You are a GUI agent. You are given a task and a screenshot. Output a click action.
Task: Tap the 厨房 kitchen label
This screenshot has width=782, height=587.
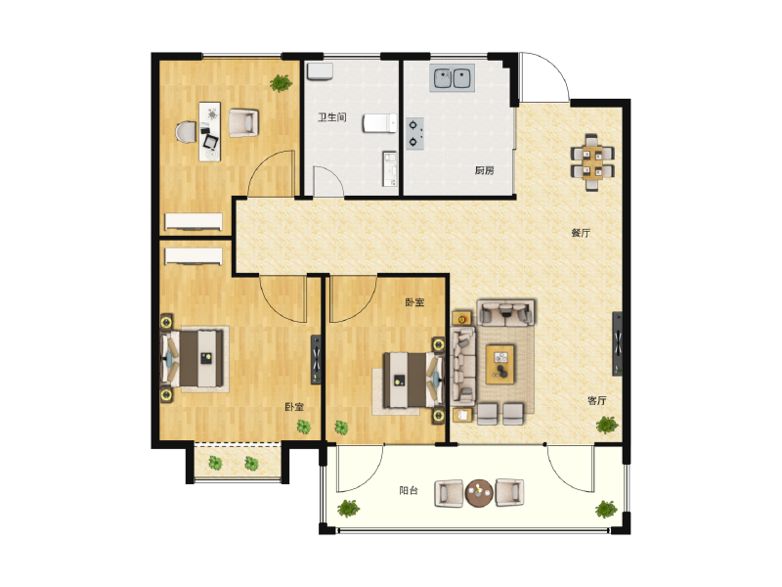click(x=484, y=170)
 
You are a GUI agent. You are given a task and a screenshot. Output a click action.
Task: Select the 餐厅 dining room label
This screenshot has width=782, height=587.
click(x=581, y=233)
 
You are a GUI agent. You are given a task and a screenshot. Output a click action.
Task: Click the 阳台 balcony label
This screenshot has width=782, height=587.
click(x=409, y=491)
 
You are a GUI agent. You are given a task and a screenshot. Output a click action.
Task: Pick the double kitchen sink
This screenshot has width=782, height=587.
click(x=452, y=77)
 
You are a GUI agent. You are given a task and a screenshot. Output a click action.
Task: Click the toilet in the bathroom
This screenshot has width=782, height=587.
click(x=379, y=123)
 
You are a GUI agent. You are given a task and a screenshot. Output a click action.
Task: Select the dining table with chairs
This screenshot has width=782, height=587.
click(x=594, y=160)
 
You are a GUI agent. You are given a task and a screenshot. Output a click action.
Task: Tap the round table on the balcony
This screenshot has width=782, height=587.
click(x=480, y=493)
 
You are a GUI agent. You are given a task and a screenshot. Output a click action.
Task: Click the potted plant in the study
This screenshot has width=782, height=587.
click(x=281, y=83)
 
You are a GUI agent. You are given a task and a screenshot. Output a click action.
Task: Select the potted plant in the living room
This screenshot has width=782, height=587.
click(x=607, y=425)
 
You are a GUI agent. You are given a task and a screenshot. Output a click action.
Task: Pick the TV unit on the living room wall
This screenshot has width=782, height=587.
click(x=618, y=342)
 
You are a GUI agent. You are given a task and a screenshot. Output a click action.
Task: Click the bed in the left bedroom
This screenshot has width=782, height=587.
click(x=196, y=359)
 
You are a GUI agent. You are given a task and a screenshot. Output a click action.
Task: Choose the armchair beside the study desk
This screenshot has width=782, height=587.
click(x=243, y=122)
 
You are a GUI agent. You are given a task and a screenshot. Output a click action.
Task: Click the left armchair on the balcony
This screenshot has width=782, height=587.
click(x=449, y=493)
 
